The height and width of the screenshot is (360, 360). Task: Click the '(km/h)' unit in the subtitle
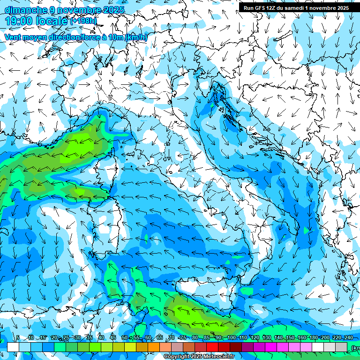[135, 37]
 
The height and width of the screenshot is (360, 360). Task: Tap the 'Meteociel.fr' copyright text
[216, 357]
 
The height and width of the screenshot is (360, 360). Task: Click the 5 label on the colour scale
[18, 337]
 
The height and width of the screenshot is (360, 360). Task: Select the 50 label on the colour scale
[124, 337]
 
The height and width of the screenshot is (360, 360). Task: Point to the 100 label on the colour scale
[231, 337]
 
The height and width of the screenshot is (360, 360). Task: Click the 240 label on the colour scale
[348, 337]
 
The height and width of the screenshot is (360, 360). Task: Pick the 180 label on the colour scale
[313, 337]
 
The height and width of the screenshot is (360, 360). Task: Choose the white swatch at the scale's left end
[13, 347]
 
